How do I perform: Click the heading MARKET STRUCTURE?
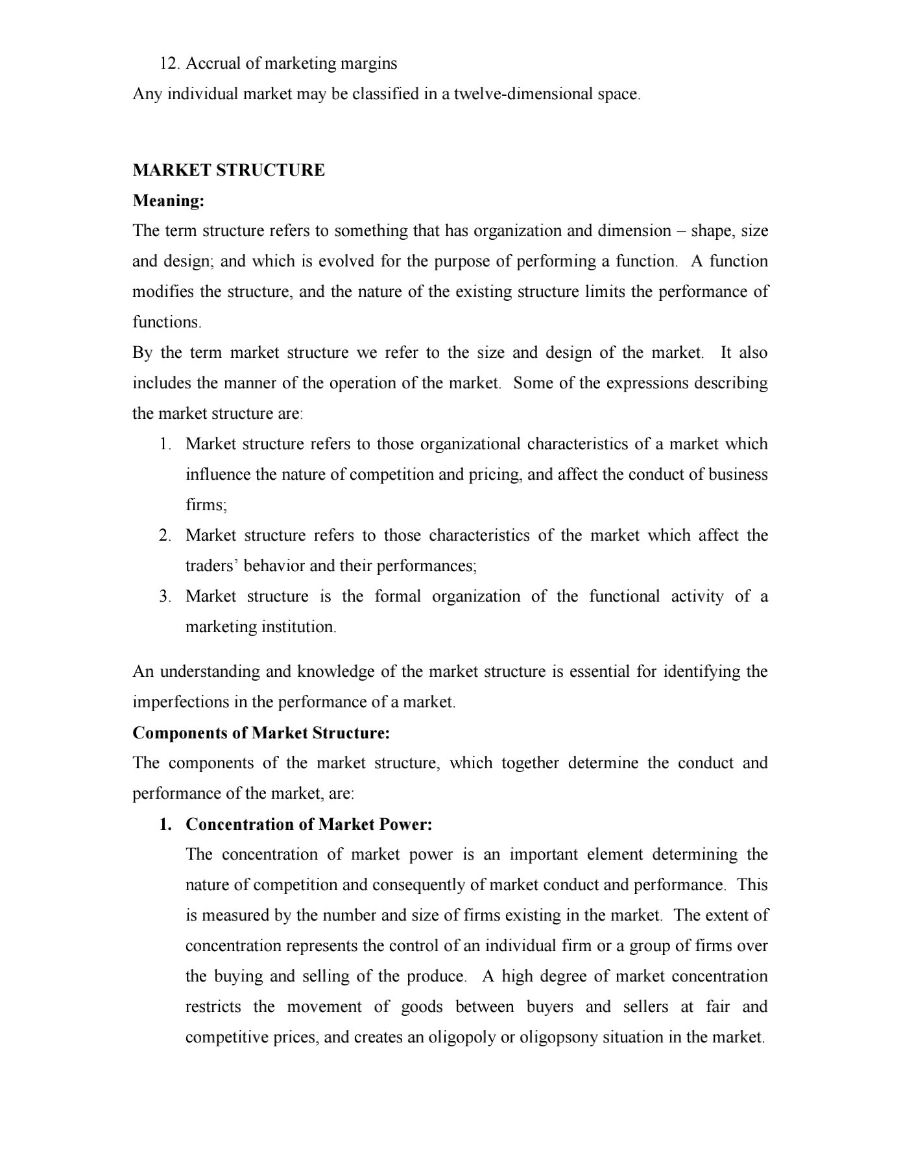(x=228, y=171)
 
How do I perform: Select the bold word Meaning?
(x=169, y=201)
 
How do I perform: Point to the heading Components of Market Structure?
(x=261, y=733)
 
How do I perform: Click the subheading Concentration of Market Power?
(x=309, y=824)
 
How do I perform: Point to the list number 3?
(x=165, y=596)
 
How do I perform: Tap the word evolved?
(x=322, y=261)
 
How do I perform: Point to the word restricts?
(x=213, y=1007)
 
